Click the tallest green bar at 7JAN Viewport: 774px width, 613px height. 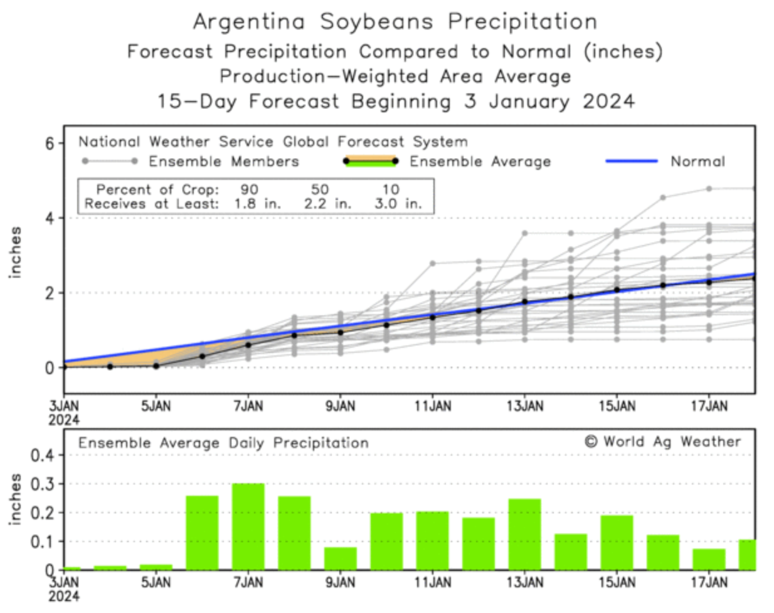[248, 527]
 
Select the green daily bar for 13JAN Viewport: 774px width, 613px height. [524, 534]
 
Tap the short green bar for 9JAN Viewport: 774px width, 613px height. [341, 558]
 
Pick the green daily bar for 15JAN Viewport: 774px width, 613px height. [617, 542]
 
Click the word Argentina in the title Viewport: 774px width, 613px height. [249, 22]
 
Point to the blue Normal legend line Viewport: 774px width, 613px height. [632, 161]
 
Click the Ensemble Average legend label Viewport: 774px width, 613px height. [480, 162]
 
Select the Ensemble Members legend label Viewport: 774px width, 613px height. [224, 162]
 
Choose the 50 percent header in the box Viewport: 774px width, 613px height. [320, 189]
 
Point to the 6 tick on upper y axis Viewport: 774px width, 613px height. [50, 144]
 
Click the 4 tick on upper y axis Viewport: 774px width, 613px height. [50, 218]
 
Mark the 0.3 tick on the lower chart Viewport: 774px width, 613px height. [44, 484]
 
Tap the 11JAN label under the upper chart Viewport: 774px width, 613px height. [432, 406]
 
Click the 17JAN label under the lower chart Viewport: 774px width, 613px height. [709, 582]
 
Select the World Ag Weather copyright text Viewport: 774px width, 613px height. [663, 442]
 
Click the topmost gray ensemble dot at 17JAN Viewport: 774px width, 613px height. [709, 189]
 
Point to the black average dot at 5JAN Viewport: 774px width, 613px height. [156, 365]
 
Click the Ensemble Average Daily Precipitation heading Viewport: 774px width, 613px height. [223, 443]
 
